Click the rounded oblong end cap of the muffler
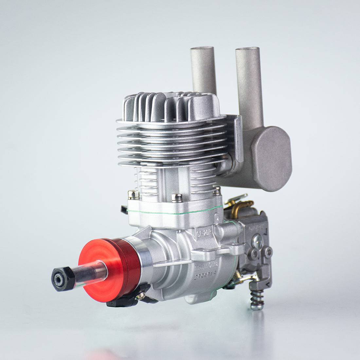coord(271,154)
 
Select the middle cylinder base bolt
coord(177,197)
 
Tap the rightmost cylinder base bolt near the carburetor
coord(217,190)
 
